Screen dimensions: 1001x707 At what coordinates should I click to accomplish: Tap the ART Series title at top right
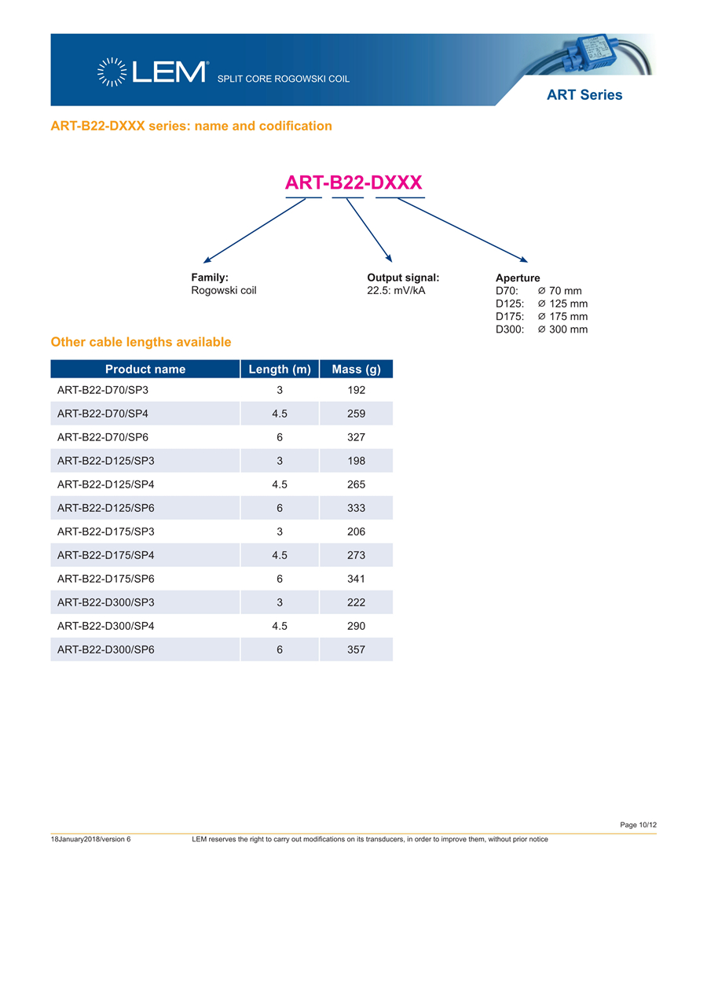[x=584, y=95]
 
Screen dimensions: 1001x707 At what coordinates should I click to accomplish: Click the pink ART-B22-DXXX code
[x=353, y=183]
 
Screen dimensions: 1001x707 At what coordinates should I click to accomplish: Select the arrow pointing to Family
[x=253, y=230]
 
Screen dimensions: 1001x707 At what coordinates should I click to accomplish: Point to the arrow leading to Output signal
[x=368, y=230]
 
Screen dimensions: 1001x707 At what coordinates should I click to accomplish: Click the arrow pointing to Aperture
[x=462, y=230]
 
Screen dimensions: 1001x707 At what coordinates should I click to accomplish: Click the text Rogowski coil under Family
[x=224, y=290]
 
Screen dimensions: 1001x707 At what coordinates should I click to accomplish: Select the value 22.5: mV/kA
[x=396, y=290]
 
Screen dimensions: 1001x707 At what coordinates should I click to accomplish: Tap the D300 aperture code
[x=510, y=329]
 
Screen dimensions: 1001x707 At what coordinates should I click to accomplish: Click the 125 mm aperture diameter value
[x=568, y=304]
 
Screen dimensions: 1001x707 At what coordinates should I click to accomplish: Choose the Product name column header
[x=145, y=369]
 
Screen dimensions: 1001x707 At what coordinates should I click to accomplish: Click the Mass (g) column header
[x=356, y=369]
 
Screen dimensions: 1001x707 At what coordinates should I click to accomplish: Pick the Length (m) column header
[x=280, y=369]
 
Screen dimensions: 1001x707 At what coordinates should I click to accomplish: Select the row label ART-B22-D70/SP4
[x=103, y=414]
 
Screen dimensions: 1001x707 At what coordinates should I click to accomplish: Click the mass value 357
[x=356, y=650]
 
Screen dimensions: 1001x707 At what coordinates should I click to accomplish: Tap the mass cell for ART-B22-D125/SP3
[x=356, y=461]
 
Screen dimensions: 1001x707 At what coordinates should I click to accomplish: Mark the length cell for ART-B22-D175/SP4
[x=280, y=555]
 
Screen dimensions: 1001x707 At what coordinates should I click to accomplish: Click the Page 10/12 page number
[x=638, y=824]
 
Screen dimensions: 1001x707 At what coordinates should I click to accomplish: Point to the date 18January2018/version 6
[x=90, y=839]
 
